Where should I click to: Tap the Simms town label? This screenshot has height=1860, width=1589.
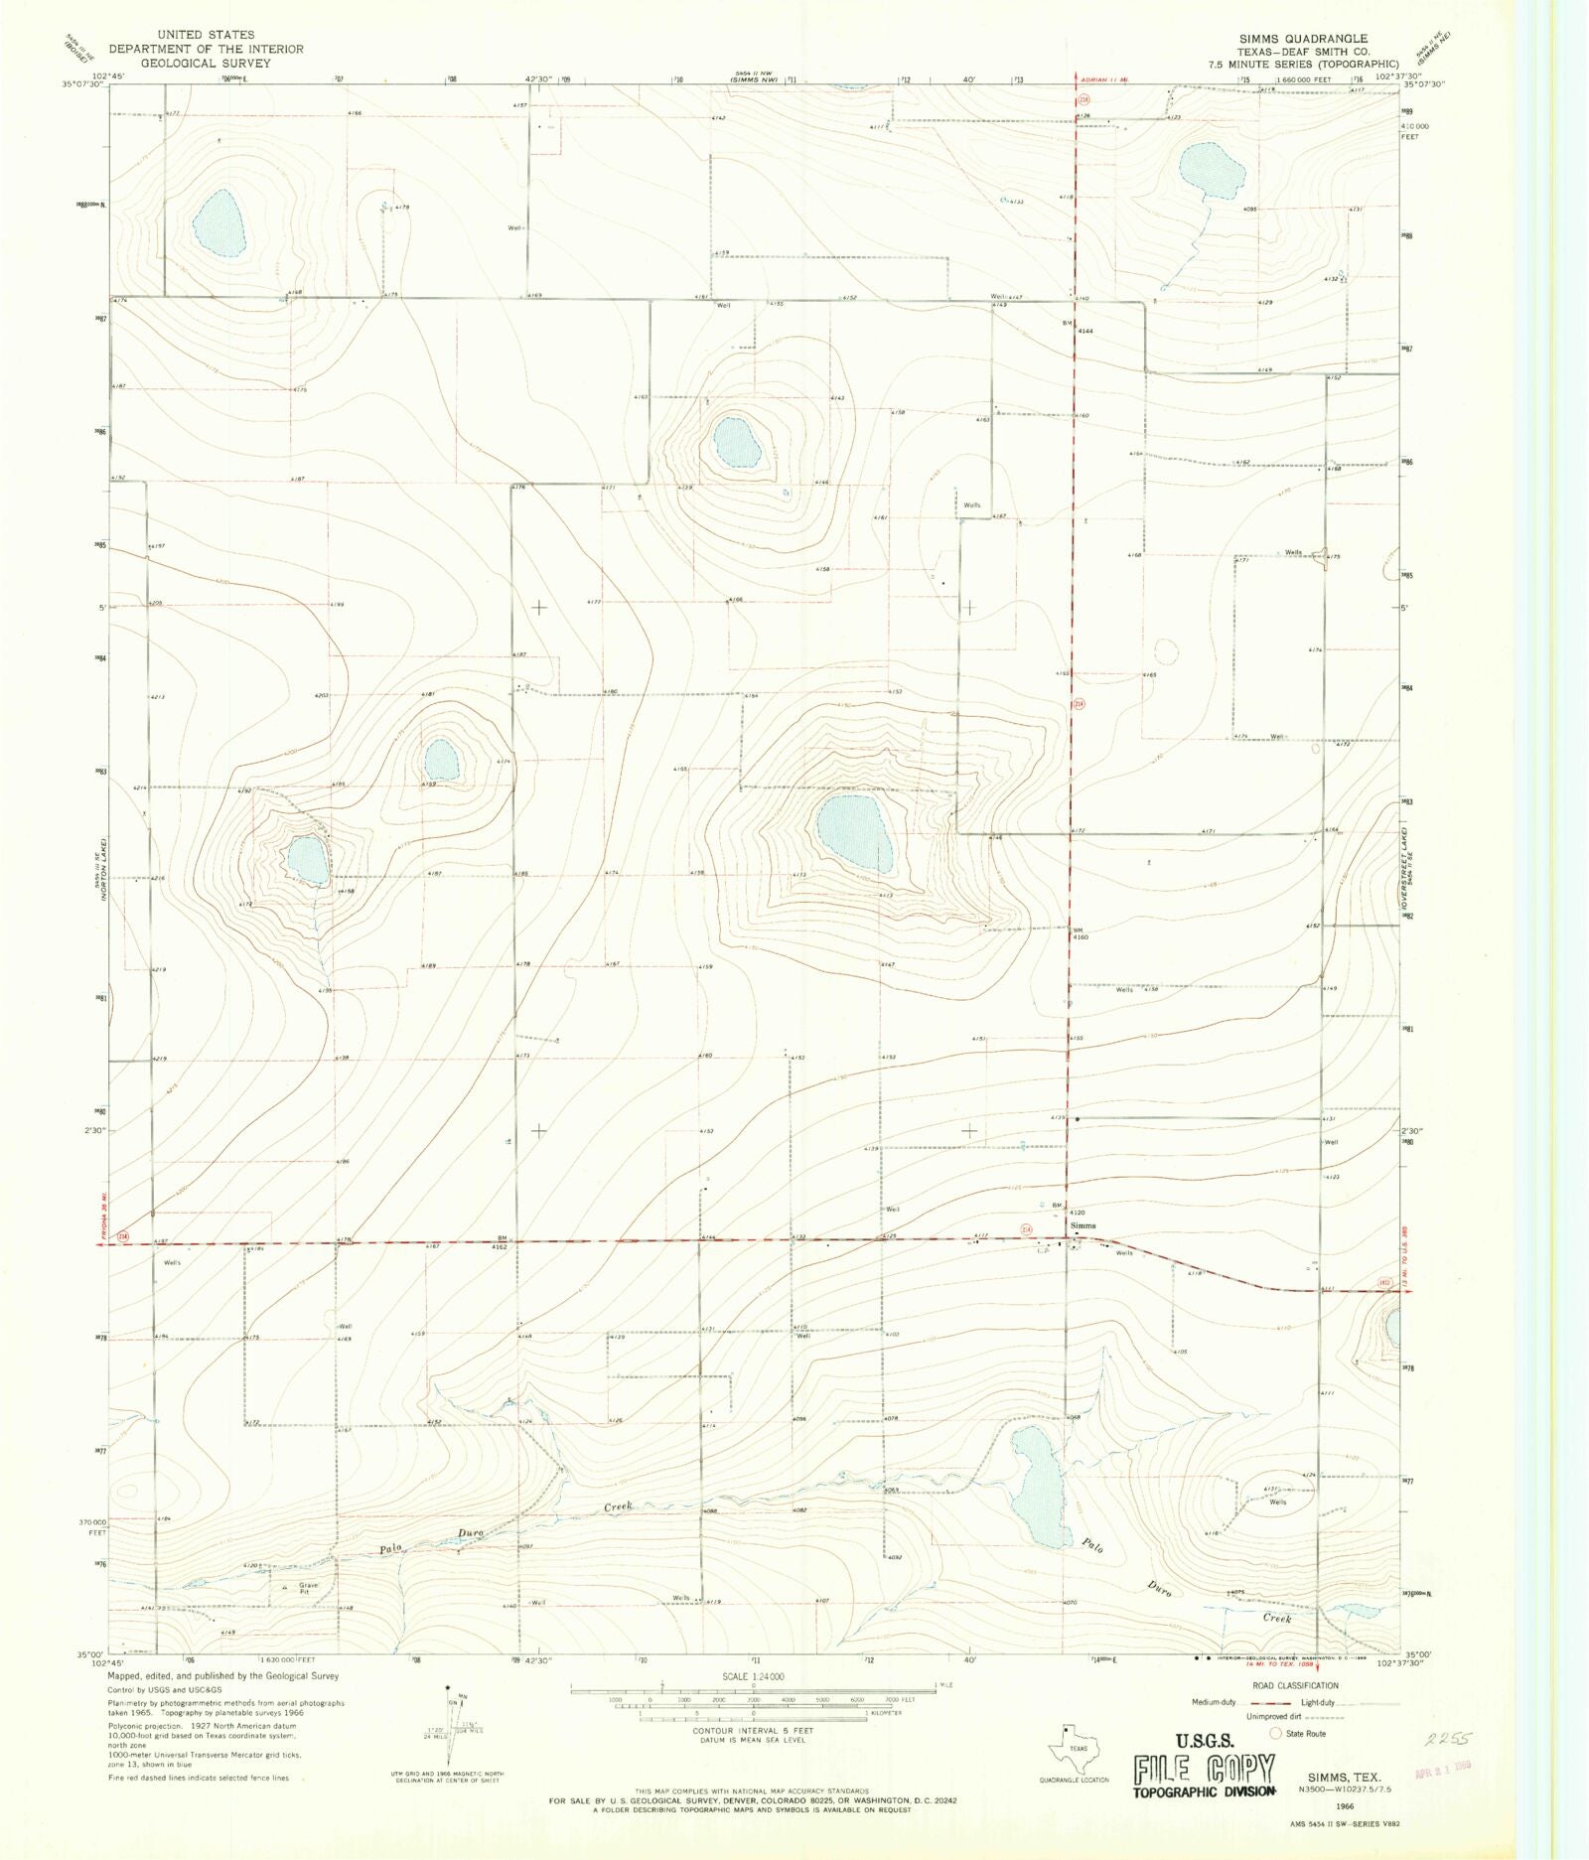pyautogui.click(x=1083, y=1225)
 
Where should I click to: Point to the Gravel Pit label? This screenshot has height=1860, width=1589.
pyautogui.click(x=308, y=1588)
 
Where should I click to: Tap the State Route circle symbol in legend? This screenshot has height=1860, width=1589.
pyautogui.click(x=1276, y=1733)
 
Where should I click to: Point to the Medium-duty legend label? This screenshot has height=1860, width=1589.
pyautogui.click(x=1215, y=1702)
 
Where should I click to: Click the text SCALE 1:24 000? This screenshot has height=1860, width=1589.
pyautogui.click(x=752, y=1676)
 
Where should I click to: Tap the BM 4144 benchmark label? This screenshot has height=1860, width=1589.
pyautogui.click(x=1079, y=327)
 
